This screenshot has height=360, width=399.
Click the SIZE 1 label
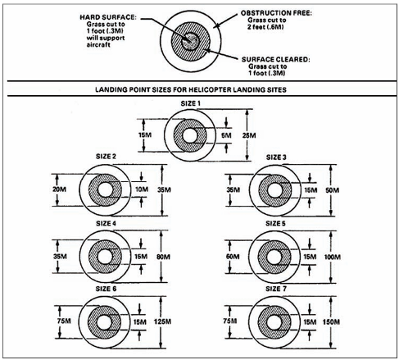(190, 103)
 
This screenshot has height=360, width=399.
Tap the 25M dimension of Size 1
(249, 135)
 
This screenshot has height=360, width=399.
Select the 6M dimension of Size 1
(226, 135)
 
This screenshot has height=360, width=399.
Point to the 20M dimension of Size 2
(59, 189)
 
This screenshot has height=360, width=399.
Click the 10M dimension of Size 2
(142, 189)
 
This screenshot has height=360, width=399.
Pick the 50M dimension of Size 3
(333, 190)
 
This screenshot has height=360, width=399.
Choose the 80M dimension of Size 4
(163, 257)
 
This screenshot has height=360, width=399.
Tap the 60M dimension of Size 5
(233, 257)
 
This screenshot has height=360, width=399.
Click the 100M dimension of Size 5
(333, 257)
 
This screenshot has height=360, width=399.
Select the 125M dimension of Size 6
(162, 321)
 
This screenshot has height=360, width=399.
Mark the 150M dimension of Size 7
(331, 321)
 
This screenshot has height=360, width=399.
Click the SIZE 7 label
(276, 289)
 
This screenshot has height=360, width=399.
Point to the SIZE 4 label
(106, 223)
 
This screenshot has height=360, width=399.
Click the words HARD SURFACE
(108, 17)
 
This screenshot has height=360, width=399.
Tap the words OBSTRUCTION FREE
(276, 13)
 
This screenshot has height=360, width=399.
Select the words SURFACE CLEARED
(276, 59)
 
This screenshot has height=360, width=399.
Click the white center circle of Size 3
(274, 190)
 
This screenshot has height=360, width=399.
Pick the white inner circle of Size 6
(105, 322)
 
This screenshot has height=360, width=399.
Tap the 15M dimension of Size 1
(145, 135)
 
